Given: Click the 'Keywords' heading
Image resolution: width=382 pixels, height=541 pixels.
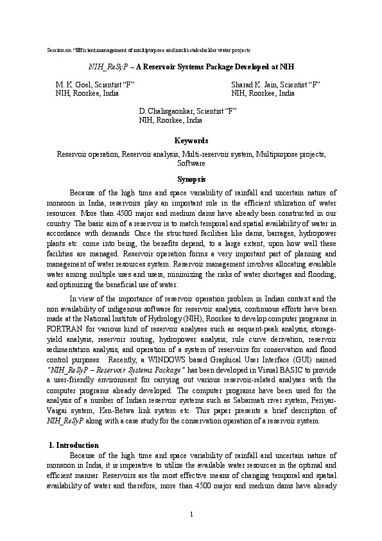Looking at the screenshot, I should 191,141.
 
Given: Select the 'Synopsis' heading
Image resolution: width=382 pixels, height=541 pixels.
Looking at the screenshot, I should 191,179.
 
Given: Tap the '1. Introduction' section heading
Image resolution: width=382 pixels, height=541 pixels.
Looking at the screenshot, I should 74,445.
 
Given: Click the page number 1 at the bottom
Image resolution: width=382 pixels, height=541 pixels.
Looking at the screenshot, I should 191,513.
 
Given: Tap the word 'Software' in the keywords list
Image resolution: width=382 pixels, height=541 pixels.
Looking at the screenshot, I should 191,163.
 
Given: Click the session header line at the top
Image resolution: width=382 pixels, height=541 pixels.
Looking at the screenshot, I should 150,49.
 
